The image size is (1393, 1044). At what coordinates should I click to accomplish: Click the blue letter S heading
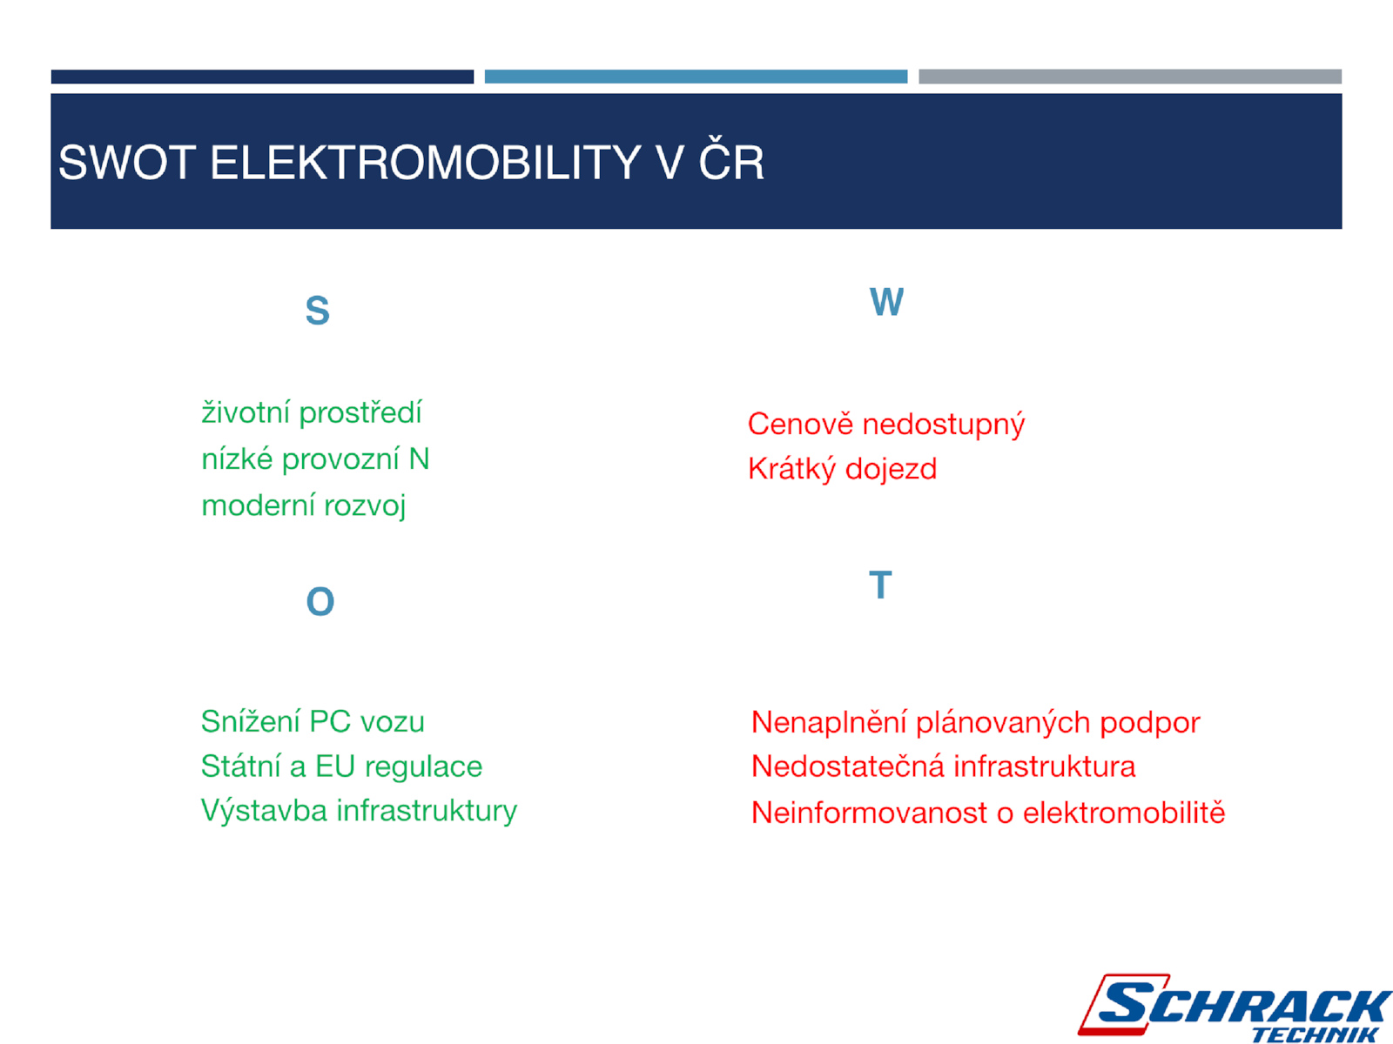(317, 311)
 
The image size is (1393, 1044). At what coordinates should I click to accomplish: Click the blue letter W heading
(886, 302)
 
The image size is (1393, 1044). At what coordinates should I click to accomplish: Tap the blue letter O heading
(320, 601)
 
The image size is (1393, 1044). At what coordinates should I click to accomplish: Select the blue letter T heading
(880, 585)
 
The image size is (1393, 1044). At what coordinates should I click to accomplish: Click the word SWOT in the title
(127, 163)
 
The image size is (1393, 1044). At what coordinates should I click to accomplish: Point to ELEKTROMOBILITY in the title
(425, 163)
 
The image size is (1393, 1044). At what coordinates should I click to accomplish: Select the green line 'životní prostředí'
(312, 412)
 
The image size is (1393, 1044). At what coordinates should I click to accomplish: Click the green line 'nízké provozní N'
(315, 459)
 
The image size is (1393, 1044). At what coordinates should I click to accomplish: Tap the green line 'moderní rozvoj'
(303, 505)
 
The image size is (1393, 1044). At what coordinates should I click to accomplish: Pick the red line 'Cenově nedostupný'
(886, 424)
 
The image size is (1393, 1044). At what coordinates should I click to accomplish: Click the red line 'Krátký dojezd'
(842, 469)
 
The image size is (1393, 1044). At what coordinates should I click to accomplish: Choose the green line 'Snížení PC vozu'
(313, 721)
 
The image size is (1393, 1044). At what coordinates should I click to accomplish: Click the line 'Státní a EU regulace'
(341, 766)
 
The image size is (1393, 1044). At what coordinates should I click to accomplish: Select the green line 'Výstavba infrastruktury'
(360, 811)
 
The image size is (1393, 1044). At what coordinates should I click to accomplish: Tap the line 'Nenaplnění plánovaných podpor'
(975, 723)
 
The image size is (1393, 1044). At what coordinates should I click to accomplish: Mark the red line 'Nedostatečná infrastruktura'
(943, 766)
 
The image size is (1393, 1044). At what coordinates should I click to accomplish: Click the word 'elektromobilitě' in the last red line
(1124, 812)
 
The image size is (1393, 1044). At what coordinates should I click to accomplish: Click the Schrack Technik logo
(1235, 1007)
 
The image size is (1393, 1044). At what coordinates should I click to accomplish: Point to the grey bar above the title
(1129, 77)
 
